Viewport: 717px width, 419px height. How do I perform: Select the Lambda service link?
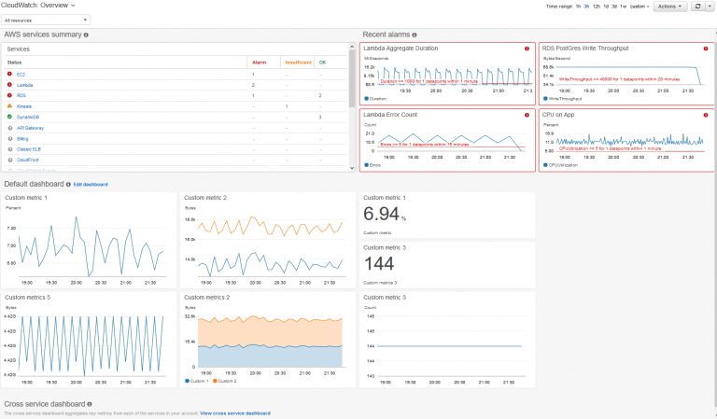point(24,84)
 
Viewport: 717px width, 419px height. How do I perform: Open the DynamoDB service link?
point(27,117)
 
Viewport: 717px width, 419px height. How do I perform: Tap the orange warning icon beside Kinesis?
point(9,105)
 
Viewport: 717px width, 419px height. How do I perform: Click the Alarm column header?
point(259,62)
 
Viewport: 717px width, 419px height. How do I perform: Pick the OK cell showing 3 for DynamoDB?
point(320,117)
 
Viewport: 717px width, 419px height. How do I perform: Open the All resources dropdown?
point(47,19)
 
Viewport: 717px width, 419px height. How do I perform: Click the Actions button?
point(669,6)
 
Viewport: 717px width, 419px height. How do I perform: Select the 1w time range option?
point(649,6)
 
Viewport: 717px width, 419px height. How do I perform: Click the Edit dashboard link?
point(91,184)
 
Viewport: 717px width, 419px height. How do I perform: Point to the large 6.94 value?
point(383,216)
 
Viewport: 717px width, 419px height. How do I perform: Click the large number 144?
point(379,264)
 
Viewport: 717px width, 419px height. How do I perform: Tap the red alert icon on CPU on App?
point(706,114)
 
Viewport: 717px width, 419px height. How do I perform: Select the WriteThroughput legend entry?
point(560,98)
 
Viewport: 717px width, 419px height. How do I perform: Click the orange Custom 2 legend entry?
point(226,381)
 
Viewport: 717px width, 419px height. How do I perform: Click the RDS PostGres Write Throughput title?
point(584,47)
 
